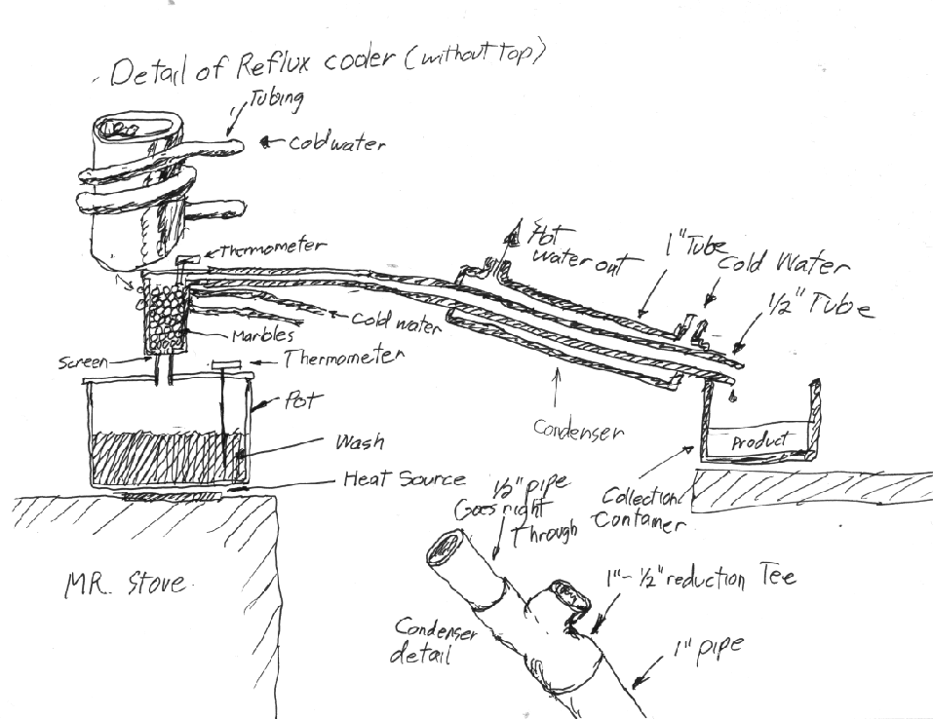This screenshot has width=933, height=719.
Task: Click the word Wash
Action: [x=358, y=442]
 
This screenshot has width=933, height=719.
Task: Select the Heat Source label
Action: [x=402, y=479]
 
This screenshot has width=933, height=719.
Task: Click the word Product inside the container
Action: [x=758, y=439]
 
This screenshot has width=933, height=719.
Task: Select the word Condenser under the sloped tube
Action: [x=577, y=429]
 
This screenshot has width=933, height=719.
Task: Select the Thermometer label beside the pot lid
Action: [x=340, y=359]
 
